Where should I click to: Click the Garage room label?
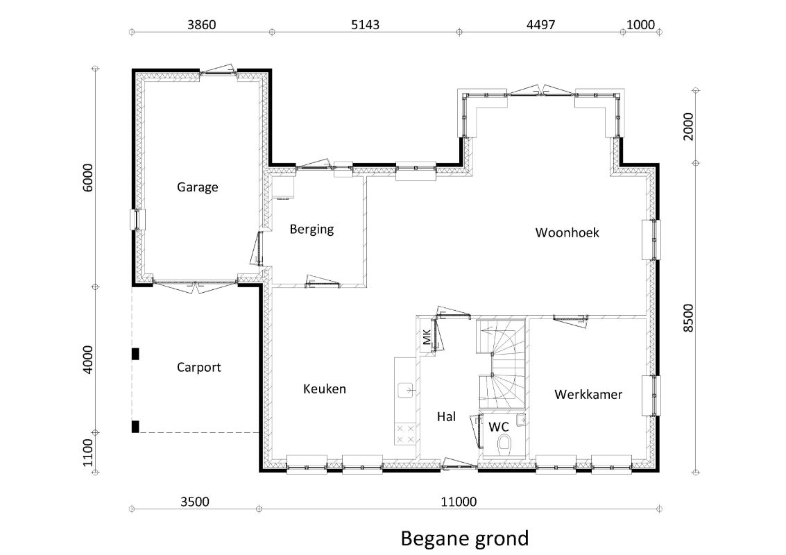[x=198, y=187]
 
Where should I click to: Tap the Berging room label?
[x=311, y=229]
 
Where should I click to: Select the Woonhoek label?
[x=567, y=232]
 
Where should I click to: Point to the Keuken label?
[x=325, y=389]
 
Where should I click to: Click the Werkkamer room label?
[x=588, y=395]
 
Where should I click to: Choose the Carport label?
[x=198, y=368]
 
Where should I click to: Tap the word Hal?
[x=446, y=417]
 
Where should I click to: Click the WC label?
[x=498, y=427]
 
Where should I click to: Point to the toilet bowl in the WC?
[x=504, y=443]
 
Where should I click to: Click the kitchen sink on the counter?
[x=405, y=390]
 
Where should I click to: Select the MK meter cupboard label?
[x=427, y=337]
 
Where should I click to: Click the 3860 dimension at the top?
[x=201, y=24]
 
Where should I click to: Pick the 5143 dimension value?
[x=365, y=24]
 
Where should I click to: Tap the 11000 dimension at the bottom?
[x=459, y=502]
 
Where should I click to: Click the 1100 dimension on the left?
[x=87, y=452]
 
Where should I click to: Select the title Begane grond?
[x=465, y=538]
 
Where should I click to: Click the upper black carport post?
[x=135, y=354]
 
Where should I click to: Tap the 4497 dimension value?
[x=540, y=24]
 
